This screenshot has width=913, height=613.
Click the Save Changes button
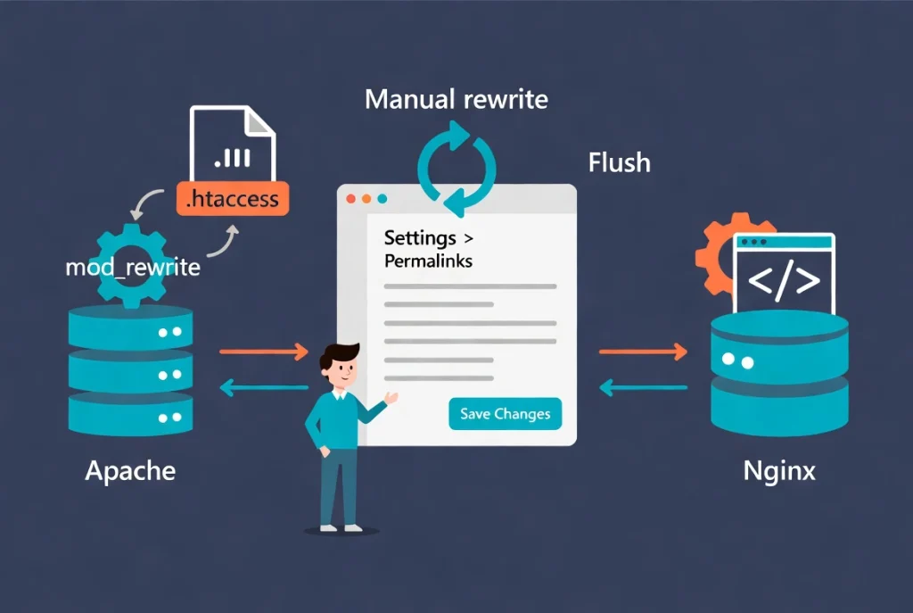pos(505,414)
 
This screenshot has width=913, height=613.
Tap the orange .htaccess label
pos(233,199)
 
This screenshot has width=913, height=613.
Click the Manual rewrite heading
pos(456,99)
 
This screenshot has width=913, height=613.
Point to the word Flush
pos(619,162)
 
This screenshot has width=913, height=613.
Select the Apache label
pos(130,471)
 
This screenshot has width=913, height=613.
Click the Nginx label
pos(779,471)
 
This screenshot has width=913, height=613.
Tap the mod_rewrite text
pos(133,268)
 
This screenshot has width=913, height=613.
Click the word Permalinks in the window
pos(428,261)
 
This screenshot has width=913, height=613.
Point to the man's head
pos(340,365)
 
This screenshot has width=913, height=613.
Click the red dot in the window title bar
pos(350,199)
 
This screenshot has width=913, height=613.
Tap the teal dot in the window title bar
pos(382,199)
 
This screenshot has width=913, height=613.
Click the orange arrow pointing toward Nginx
pos(643,352)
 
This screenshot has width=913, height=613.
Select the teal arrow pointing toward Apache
pos(264,387)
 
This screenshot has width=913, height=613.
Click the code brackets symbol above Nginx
pos(784,280)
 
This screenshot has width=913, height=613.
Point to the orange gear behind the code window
pos(715,256)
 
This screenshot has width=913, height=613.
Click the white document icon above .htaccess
pos(233,144)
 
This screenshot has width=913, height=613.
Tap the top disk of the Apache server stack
pos(130,327)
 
